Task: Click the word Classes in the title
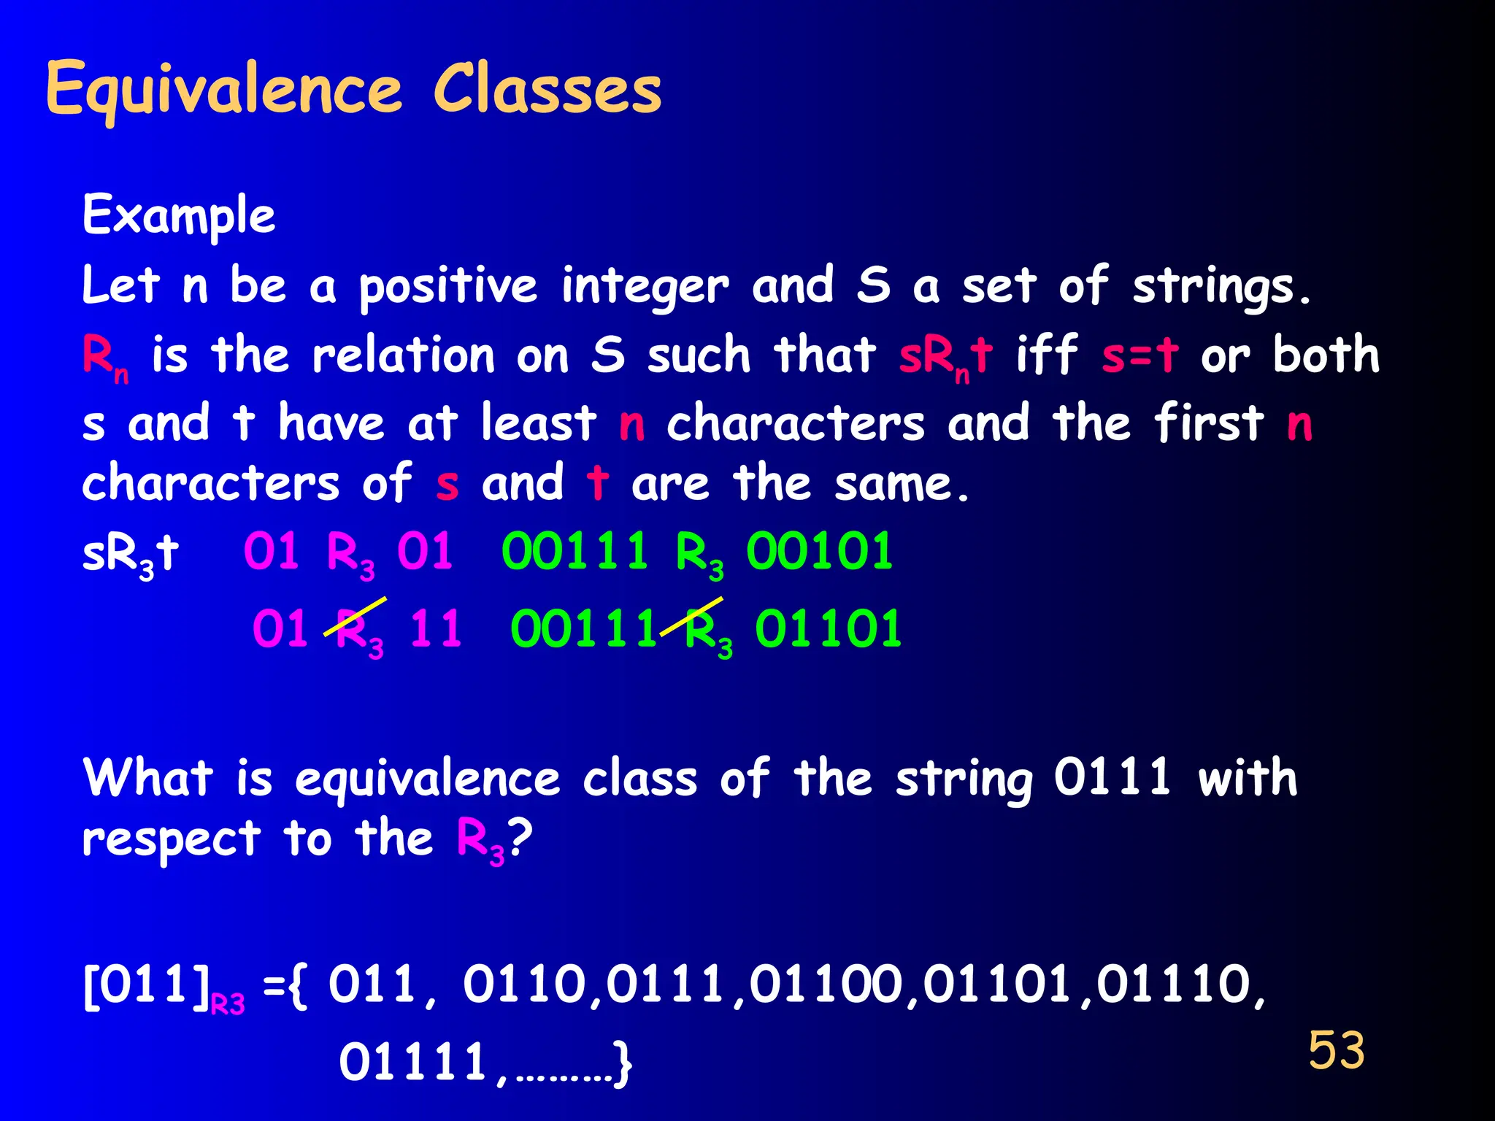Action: [547, 88]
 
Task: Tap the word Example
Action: [179, 215]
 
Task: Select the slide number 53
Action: [1336, 1050]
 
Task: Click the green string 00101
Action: [819, 551]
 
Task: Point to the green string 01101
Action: [828, 629]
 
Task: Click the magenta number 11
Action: [435, 629]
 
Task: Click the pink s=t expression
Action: [1139, 355]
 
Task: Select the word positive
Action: [448, 286]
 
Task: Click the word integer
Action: [645, 286]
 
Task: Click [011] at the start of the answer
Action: [146, 985]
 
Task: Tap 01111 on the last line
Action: [413, 1062]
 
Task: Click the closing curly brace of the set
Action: [623, 1064]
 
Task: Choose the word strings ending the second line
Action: [1221, 286]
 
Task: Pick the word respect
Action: [172, 839]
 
